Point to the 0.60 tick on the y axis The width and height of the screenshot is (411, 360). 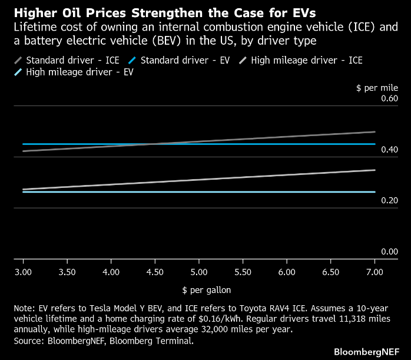[x=389, y=98]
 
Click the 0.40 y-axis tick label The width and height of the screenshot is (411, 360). [x=389, y=150]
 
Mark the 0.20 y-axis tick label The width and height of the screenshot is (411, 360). [x=389, y=200]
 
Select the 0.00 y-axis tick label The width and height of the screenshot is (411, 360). [x=389, y=252]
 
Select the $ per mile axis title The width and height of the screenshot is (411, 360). [x=377, y=87]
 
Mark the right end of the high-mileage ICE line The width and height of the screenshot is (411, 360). [x=374, y=170]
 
